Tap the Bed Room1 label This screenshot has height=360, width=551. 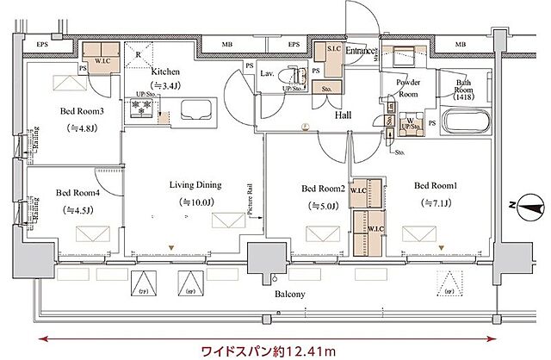(433, 185)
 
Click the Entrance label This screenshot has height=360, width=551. (361, 52)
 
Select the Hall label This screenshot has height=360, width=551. (344, 114)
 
